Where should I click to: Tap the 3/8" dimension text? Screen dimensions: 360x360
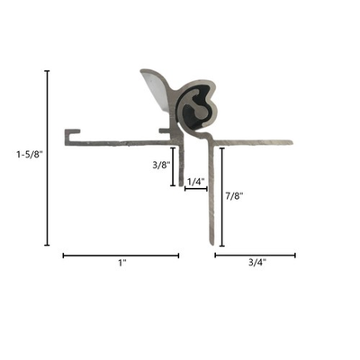point(158,166)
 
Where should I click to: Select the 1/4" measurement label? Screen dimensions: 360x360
point(194,180)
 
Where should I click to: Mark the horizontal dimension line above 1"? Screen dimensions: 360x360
point(121,256)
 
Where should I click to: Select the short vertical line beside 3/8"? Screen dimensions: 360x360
point(173,166)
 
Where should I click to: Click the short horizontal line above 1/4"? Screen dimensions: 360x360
point(195,190)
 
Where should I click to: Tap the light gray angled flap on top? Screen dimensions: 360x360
point(153,87)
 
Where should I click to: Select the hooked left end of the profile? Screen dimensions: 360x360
point(71,136)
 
